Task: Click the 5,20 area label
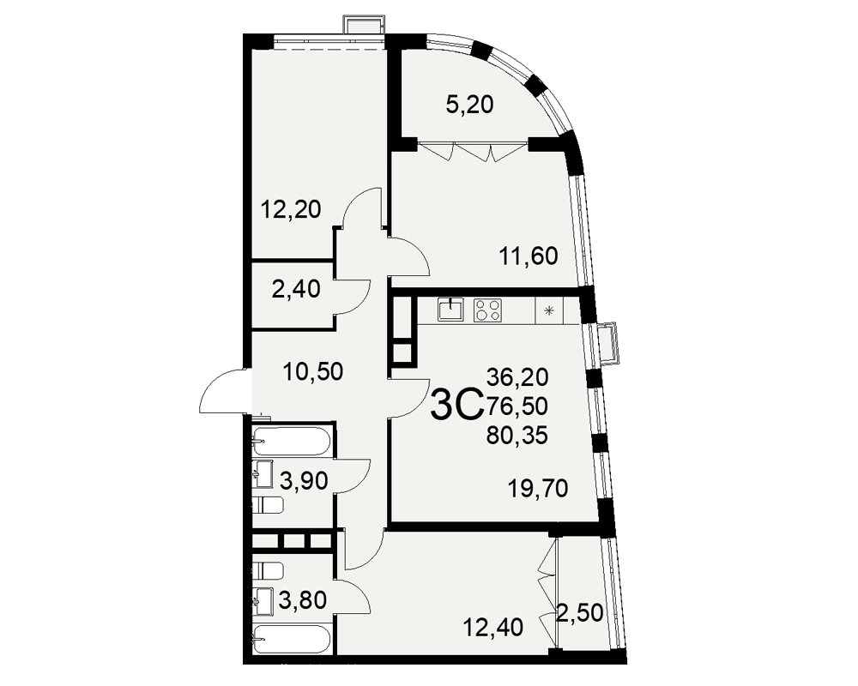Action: (x=469, y=104)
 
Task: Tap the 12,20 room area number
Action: (x=291, y=209)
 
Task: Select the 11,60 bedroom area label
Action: (x=528, y=256)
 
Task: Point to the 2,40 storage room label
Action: (x=296, y=289)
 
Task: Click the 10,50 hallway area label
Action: (x=313, y=371)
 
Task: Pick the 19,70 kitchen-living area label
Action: (x=538, y=488)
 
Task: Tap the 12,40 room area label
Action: (x=493, y=627)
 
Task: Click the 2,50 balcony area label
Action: (x=580, y=612)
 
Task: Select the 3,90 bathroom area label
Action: (x=304, y=481)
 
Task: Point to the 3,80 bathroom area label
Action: (x=303, y=600)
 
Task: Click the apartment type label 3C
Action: (x=457, y=405)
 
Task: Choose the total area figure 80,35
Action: (x=517, y=436)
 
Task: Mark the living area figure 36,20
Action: (x=517, y=376)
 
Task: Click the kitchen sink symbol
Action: (x=450, y=310)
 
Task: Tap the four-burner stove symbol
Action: (x=487, y=310)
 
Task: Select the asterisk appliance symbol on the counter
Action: (x=549, y=310)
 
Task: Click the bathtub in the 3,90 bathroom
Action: (x=292, y=442)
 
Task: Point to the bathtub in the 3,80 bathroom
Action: (x=292, y=639)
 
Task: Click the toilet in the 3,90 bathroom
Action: (x=268, y=505)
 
